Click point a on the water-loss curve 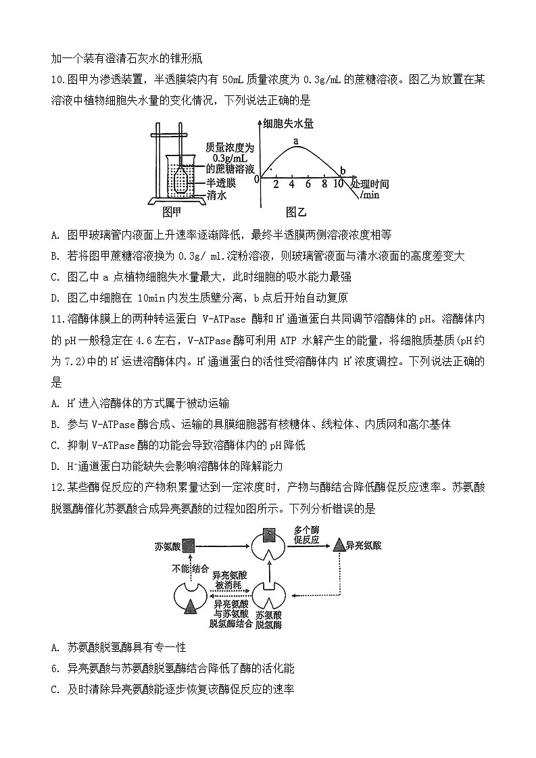pos(295,141)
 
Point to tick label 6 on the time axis pos(308,184)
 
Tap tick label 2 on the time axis pos(276,184)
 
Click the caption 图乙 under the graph pos(296,212)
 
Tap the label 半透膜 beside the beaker pos(221,183)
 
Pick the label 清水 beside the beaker pos(216,195)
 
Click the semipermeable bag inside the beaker pos(180,180)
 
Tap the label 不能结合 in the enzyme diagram pos(191,569)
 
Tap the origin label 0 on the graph pos(256,179)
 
